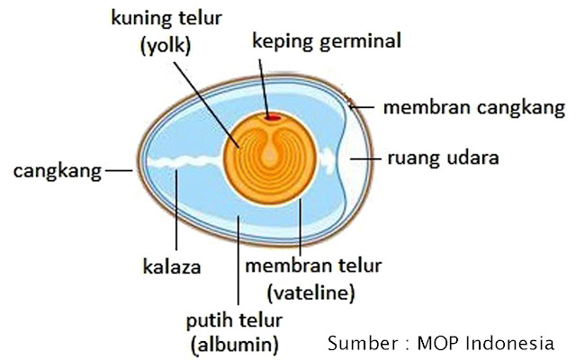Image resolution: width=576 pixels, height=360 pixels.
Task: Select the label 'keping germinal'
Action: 327,42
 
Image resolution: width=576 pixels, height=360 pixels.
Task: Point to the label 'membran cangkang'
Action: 473,108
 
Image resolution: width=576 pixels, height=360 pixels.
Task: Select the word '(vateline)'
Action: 311,292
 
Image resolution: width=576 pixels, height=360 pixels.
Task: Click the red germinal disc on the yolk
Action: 272,116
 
